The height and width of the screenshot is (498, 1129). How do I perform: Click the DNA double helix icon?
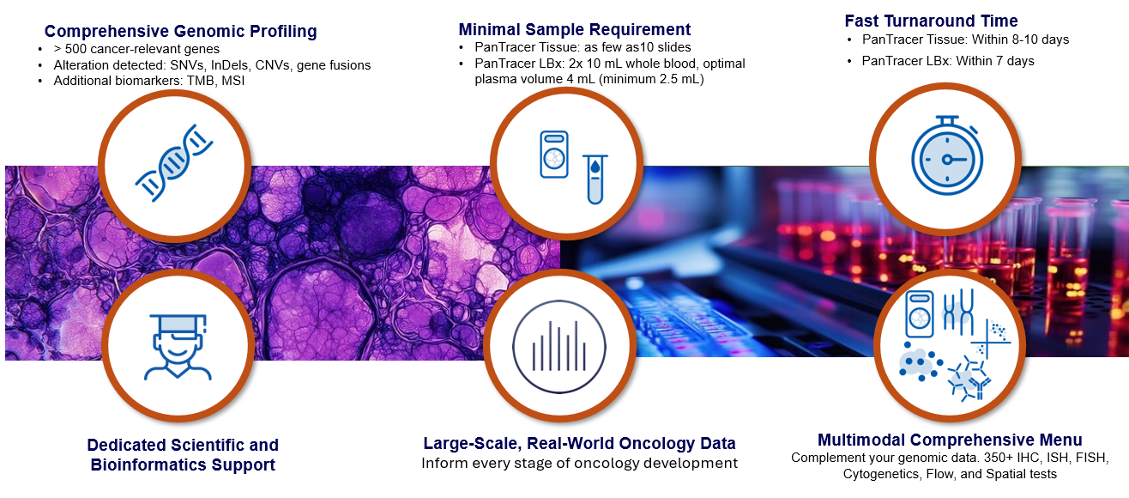click(174, 163)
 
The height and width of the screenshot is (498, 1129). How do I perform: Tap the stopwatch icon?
click(947, 155)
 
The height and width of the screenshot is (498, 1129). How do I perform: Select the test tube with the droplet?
click(595, 179)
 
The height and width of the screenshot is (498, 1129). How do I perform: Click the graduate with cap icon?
click(178, 347)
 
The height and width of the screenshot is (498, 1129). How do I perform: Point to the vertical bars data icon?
click(559, 347)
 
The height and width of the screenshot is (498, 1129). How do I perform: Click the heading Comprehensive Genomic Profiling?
click(180, 31)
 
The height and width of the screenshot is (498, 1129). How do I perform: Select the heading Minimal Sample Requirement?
click(575, 29)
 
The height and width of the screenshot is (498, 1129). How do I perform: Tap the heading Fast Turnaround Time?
click(931, 21)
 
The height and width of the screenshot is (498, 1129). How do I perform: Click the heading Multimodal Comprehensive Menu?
click(950, 440)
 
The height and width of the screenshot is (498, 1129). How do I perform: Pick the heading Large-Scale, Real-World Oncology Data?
click(579, 443)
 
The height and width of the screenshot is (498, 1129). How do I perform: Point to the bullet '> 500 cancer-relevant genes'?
click(136, 49)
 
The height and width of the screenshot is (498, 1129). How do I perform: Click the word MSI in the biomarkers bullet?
click(232, 81)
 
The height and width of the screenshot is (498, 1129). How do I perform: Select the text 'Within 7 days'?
click(995, 61)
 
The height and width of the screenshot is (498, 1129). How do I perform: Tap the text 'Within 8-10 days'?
click(1020, 39)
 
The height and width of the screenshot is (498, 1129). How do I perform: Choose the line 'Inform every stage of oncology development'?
click(579, 463)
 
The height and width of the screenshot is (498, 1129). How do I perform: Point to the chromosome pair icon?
click(958, 312)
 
